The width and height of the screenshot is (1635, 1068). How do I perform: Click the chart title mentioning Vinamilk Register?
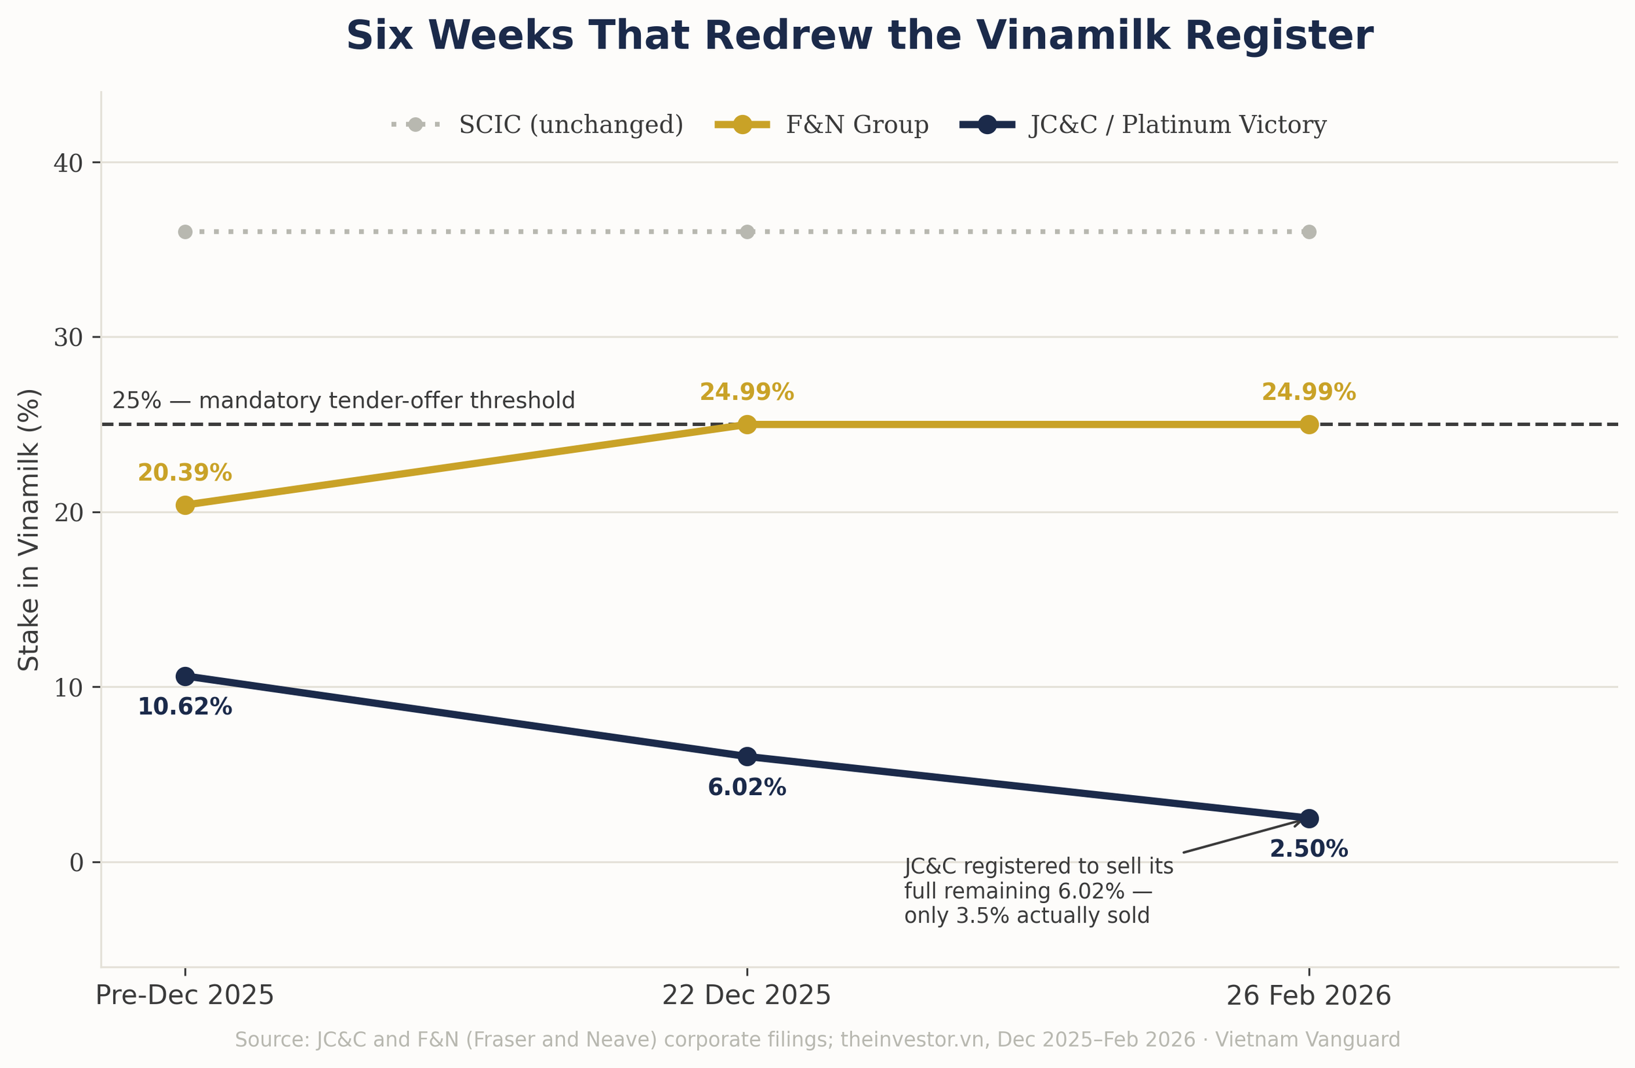859,36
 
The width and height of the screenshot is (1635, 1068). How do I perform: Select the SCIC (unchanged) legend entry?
537,124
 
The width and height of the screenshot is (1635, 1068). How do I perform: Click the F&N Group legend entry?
821,124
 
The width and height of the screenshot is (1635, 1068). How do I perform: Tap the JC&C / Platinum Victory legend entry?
1143,124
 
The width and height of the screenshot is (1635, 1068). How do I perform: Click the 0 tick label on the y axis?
77,863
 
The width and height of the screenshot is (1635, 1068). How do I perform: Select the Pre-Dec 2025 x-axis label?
185,996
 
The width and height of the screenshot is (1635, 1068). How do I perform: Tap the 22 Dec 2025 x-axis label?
747,996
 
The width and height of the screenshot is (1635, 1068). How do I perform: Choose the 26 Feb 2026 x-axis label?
1309,996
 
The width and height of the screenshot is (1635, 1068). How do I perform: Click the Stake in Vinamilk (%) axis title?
29,529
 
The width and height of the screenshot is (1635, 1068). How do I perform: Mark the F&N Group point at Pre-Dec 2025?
185,505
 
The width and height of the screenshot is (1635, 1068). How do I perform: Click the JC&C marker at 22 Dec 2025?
747,756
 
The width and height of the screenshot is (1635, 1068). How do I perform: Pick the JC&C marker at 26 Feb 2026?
1309,818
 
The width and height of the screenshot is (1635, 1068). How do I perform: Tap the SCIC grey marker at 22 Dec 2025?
747,232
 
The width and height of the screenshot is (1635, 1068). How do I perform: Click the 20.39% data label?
185,473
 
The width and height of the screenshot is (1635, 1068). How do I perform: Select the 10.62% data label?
185,707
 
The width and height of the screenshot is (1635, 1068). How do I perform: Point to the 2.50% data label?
1309,849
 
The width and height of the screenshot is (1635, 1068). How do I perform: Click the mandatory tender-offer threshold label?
343,400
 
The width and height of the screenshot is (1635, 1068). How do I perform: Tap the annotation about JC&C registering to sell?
1039,891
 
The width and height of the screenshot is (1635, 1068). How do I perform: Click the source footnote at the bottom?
817,1039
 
